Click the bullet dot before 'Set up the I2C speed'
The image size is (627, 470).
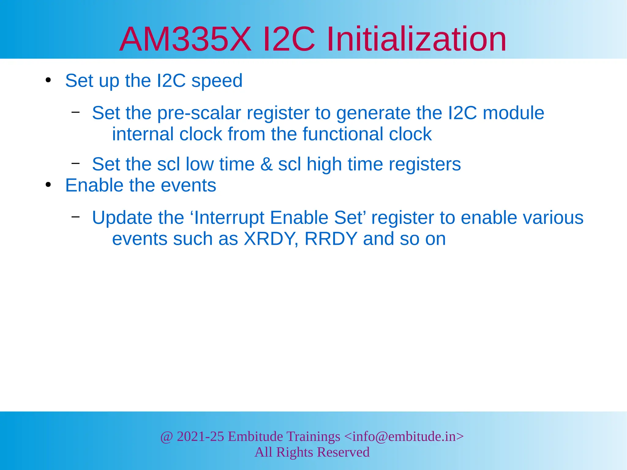click(x=48, y=80)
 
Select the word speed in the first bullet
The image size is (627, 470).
click(x=217, y=81)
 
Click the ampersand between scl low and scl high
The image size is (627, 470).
click(x=266, y=164)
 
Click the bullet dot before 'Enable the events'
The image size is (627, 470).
click(x=48, y=185)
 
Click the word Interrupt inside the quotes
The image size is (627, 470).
click(x=230, y=218)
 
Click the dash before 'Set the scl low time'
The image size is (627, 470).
click(x=75, y=163)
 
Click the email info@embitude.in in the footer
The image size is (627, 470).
click(x=404, y=437)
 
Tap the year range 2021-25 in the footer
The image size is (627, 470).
click(x=200, y=437)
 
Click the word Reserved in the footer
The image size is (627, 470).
click(x=343, y=452)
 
